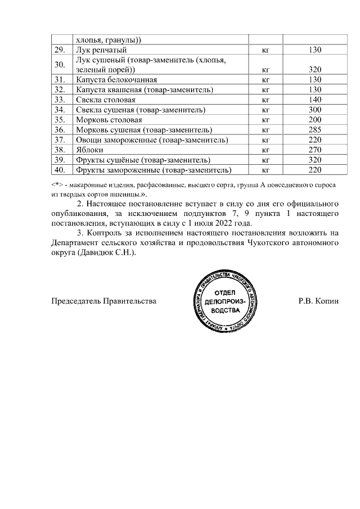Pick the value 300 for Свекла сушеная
pos(314,110)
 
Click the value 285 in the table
pos(314,130)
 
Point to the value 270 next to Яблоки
pos(314,150)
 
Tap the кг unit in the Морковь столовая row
pos(266,120)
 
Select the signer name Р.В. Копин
pos(319,301)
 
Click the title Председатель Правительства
pos(103,301)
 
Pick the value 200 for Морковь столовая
pos(314,120)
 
